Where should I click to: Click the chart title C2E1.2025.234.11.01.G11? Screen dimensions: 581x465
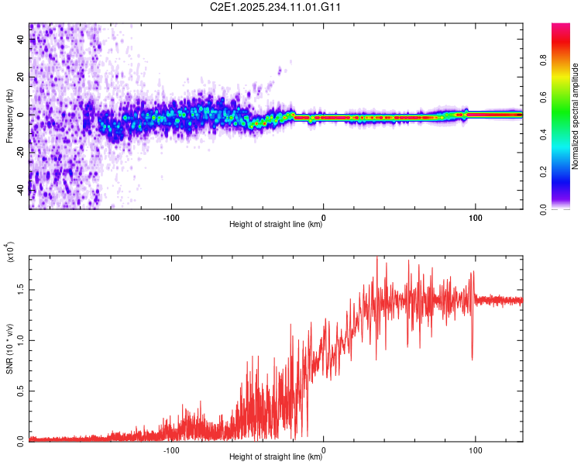coord(275,7)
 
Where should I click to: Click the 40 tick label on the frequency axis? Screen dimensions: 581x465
coord(21,40)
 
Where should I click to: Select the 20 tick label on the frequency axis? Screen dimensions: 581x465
coord(21,77)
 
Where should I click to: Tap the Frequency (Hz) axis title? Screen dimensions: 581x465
coord(9,115)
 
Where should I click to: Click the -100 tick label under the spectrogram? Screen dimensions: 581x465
coord(171,218)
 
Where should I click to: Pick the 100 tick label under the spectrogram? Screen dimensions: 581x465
coord(476,218)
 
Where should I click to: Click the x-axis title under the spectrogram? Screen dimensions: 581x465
coord(276,224)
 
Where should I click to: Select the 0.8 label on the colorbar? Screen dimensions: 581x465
coord(544,60)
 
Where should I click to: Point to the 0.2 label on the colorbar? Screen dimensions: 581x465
coord(544,172)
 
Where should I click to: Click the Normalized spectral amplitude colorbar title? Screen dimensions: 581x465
coord(575,116)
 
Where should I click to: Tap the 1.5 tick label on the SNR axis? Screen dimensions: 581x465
coord(21,290)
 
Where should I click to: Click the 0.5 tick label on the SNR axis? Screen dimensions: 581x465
coord(21,391)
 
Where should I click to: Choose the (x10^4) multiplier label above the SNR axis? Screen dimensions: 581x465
coord(10,252)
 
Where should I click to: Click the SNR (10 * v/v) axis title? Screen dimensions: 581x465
coord(9,349)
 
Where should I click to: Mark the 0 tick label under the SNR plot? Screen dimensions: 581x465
coord(324,450)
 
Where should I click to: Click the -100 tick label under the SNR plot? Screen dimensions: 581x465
coord(171,450)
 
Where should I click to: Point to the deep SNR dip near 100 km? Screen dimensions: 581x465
coord(472,360)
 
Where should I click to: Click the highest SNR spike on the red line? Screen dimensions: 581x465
coord(377,257)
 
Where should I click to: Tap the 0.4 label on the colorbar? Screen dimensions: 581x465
coord(544,134)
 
